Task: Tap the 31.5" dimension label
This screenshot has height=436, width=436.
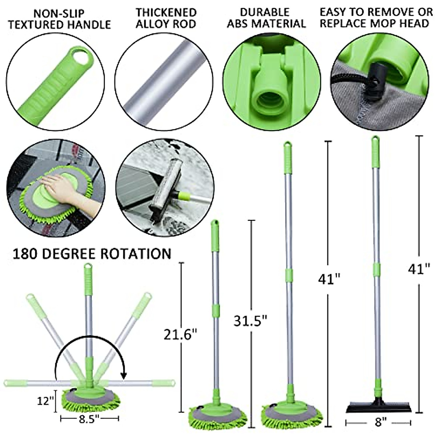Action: click(250, 321)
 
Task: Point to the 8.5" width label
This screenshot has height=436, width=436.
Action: click(89, 419)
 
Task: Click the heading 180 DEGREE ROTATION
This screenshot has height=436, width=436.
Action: click(92, 254)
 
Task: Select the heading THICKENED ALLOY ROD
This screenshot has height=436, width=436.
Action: click(166, 18)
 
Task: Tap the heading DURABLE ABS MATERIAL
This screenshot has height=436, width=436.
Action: click(266, 18)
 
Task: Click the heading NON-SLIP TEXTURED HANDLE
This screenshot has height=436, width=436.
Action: click(60, 19)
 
